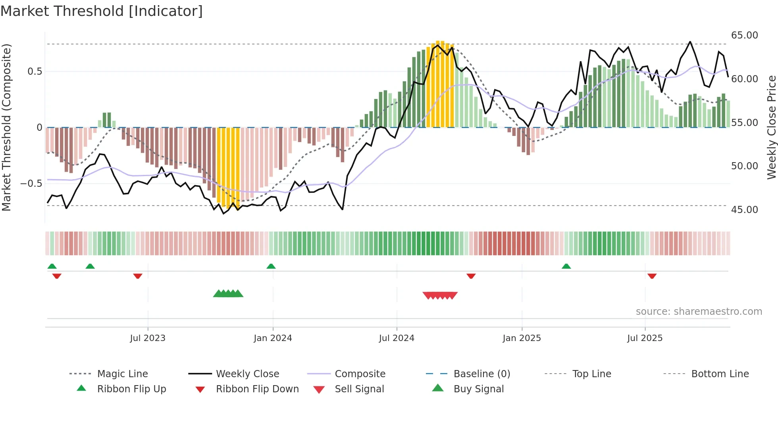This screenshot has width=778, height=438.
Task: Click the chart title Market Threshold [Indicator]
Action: pyautogui.click(x=102, y=11)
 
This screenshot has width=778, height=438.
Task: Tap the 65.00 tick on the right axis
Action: pyautogui.click(x=744, y=35)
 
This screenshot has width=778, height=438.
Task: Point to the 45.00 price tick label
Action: pyautogui.click(x=744, y=209)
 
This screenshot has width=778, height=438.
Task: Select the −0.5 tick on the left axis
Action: pyautogui.click(x=31, y=183)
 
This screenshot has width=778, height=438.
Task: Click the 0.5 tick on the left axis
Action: pyautogui.click(x=35, y=72)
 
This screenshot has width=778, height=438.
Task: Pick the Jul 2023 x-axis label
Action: pyautogui.click(x=148, y=338)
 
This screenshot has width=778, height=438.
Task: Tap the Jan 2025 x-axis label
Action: pyautogui.click(x=522, y=338)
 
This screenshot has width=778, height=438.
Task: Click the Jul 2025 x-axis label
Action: pyautogui.click(x=645, y=338)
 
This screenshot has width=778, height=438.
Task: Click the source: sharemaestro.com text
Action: pyautogui.click(x=699, y=312)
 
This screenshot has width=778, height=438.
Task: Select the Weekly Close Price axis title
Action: pyautogui.click(x=771, y=127)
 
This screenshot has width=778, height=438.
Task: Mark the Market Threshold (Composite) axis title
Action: pyautogui.click(x=6, y=127)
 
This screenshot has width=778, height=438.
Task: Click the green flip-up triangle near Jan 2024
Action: pyautogui.click(x=271, y=266)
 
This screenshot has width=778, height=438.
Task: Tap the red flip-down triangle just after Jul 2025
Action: pyautogui.click(x=652, y=276)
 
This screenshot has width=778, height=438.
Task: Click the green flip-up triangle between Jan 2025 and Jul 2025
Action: pyautogui.click(x=566, y=266)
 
